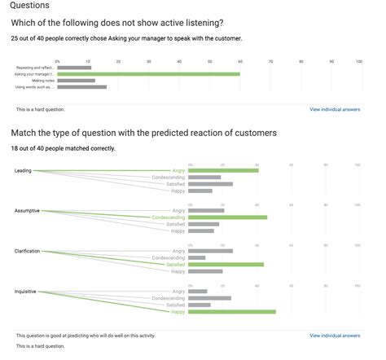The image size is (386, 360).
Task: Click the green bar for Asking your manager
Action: (148, 74)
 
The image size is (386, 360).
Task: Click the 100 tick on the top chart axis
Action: (359, 61)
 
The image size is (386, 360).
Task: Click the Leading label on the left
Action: (23, 170)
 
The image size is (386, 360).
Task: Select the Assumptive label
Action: (27, 211)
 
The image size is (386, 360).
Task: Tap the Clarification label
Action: (27, 251)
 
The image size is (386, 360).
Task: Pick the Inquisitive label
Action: (25, 291)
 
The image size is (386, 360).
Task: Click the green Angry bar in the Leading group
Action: (222, 170)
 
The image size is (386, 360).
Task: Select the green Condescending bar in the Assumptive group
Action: (227, 217)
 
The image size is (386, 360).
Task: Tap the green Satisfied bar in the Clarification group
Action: (226, 265)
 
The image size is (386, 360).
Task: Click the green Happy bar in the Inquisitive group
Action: (231, 311)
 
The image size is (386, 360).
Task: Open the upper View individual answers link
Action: (335, 109)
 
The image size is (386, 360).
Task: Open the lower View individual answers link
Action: (335, 335)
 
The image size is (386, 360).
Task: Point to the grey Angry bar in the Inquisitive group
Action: (197, 291)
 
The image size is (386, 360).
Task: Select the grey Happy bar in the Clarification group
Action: (204, 271)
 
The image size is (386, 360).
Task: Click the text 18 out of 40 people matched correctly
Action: (63, 148)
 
